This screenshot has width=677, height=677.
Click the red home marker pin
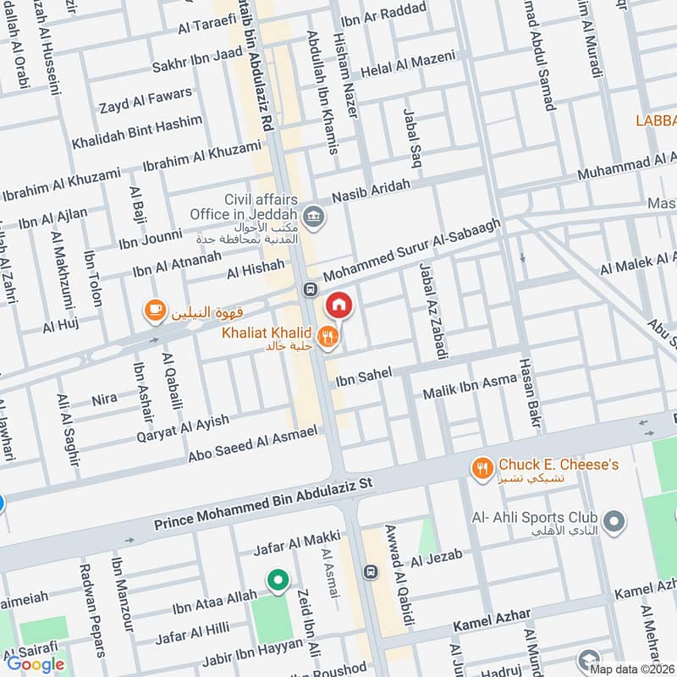tap(338, 305)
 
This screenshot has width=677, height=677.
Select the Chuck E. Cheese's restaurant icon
tap(482, 466)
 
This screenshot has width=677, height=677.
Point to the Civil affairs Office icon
tap(315, 214)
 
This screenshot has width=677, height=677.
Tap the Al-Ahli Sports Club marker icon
tap(615, 519)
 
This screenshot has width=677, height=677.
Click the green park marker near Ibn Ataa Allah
tap(276, 580)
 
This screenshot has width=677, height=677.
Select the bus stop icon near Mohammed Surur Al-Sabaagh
tap(310, 289)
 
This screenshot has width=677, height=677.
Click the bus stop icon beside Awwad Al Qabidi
tap(370, 572)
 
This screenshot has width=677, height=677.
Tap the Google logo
tap(36, 664)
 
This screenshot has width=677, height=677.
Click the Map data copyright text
tap(632, 669)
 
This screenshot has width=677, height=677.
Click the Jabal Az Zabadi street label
tap(432, 312)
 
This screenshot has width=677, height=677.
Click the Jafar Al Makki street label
tap(297, 542)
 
